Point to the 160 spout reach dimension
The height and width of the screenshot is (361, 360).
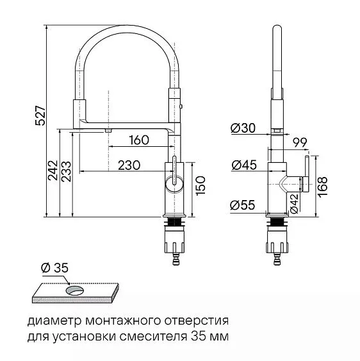click(138, 140)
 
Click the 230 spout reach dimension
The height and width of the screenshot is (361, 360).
click(129, 164)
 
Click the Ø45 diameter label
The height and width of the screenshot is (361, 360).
click(243, 165)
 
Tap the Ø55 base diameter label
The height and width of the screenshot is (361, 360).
click(243, 205)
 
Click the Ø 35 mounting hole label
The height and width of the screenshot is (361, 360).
click(54, 267)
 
